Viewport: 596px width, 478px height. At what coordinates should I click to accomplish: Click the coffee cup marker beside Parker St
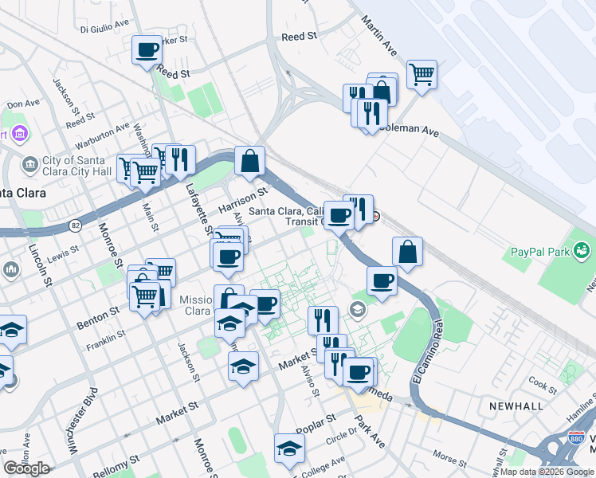tap(147, 50)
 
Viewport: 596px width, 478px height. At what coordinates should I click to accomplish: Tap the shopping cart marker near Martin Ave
tap(422, 75)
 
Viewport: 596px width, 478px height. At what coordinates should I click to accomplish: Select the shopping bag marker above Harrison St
tap(250, 161)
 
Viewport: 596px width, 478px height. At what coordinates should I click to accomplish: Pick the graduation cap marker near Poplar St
tap(289, 449)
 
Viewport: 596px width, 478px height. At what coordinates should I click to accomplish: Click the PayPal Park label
tap(537, 253)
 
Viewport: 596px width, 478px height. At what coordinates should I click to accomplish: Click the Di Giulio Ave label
tap(104, 25)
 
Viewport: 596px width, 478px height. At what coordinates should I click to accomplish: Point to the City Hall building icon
tap(31, 165)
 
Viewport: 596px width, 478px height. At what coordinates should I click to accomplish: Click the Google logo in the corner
tap(26, 468)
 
